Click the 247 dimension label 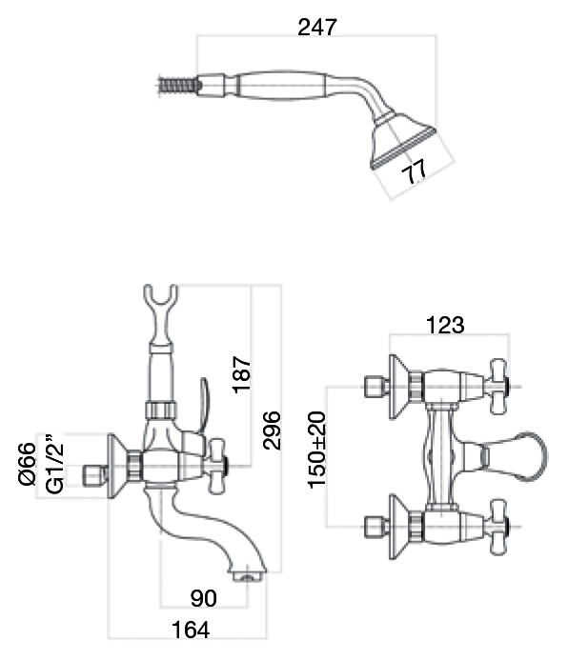click(x=317, y=28)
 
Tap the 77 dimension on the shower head click(x=414, y=172)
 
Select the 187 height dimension click(x=242, y=374)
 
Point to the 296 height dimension click(x=272, y=430)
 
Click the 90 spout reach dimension click(x=203, y=598)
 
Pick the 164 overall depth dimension click(x=191, y=630)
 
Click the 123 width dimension click(x=445, y=325)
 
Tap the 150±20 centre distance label click(x=317, y=450)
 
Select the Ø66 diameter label click(x=28, y=464)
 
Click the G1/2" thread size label click(x=54, y=464)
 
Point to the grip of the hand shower click(x=279, y=86)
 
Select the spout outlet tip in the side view click(x=249, y=575)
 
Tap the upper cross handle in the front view click(x=498, y=387)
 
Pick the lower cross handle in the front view click(x=498, y=527)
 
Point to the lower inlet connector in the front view click(x=376, y=527)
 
